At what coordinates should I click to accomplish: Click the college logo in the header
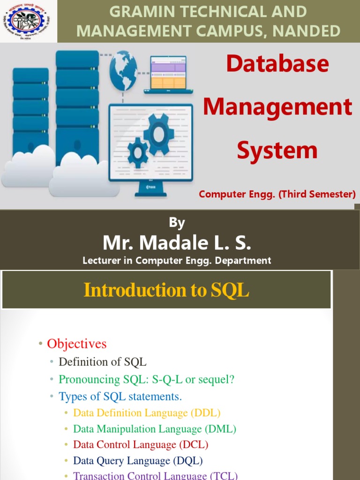click(28, 21)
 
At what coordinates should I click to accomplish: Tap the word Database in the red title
click(277, 64)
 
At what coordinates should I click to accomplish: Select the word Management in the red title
click(277, 106)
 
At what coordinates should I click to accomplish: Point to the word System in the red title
click(277, 150)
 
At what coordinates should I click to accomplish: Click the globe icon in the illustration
click(123, 70)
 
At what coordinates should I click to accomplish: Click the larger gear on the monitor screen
click(159, 135)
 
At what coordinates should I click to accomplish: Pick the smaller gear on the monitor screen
click(138, 152)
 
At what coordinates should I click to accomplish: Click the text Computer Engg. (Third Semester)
click(277, 194)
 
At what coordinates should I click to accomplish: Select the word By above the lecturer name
click(177, 223)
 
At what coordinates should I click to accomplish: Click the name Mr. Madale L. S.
click(177, 243)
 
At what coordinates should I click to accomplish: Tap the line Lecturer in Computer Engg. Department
click(177, 261)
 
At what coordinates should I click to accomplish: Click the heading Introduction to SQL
click(166, 291)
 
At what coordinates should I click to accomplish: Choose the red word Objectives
click(77, 344)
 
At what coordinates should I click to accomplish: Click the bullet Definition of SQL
click(102, 362)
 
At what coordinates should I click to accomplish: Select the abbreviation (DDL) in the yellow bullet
click(205, 413)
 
